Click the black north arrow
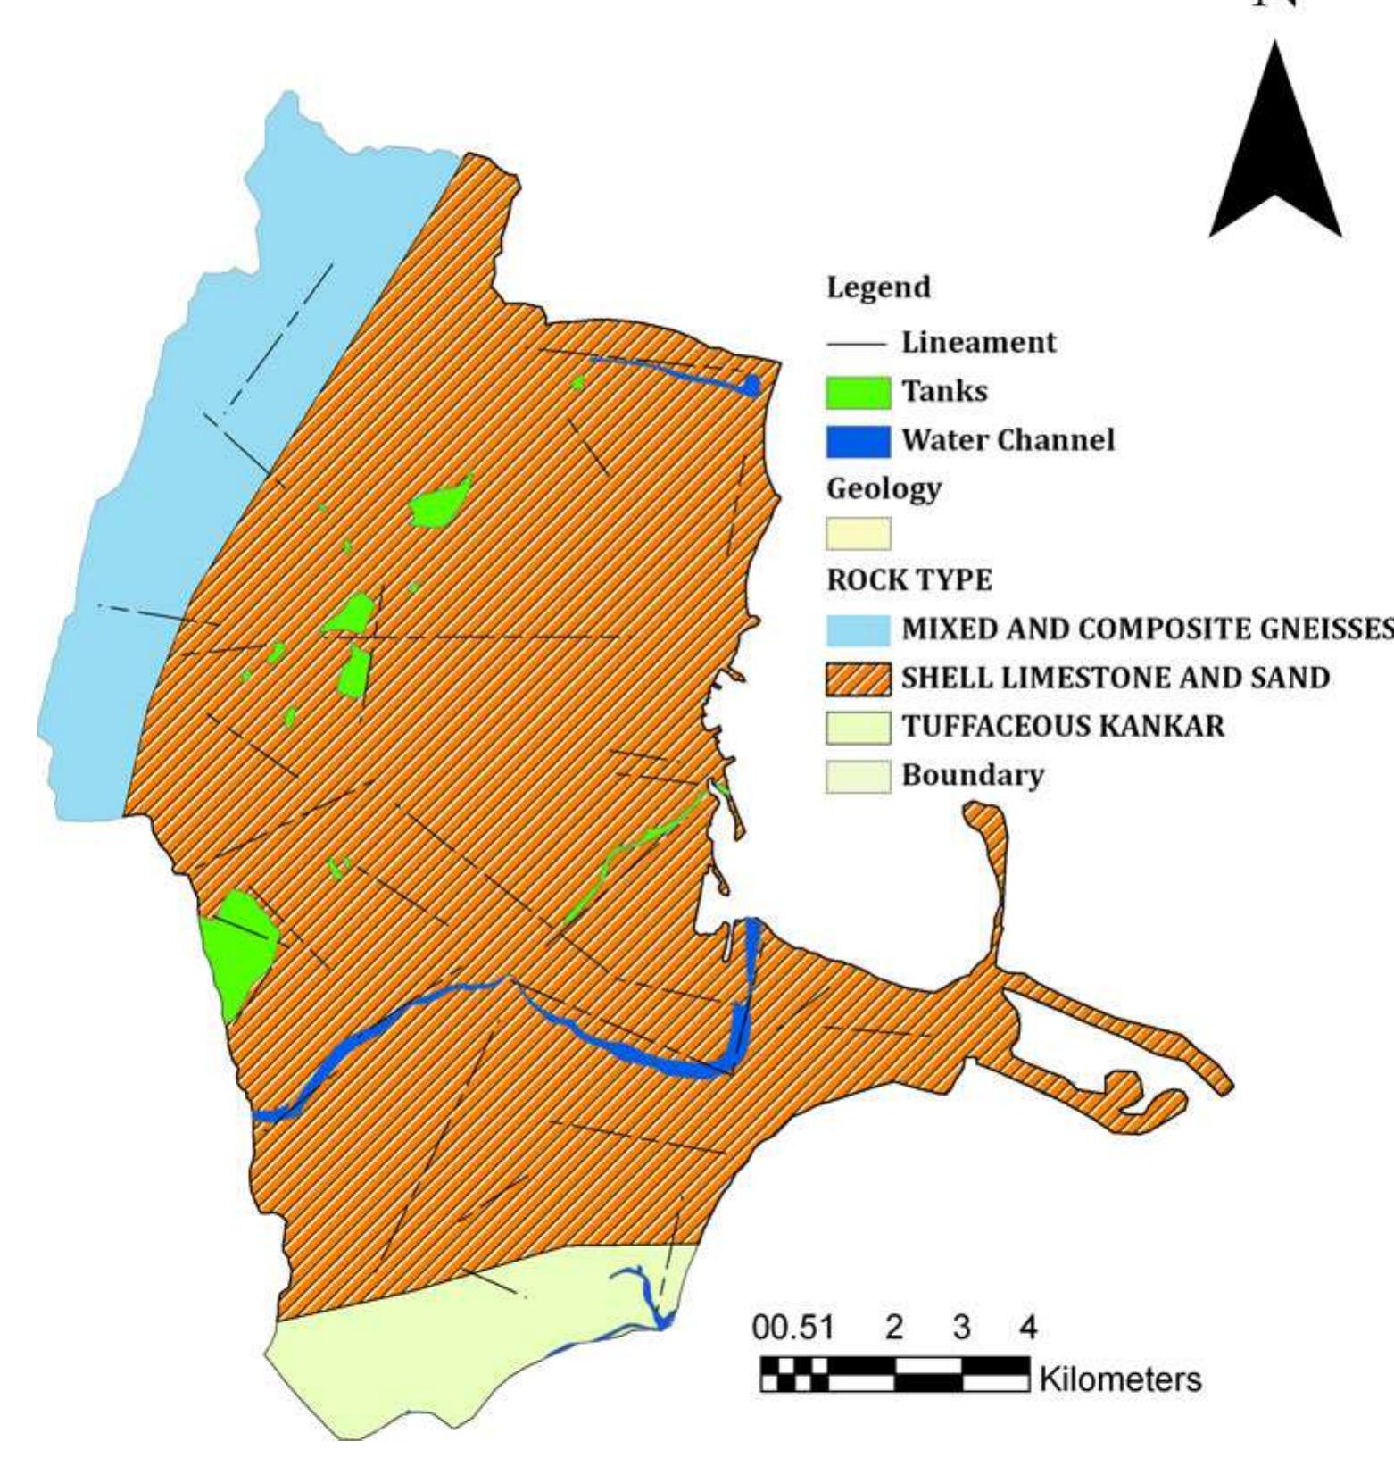pos(1275,161)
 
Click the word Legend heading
pos(878,287)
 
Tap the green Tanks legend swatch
pos(858,392)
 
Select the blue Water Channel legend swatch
pos(858,441)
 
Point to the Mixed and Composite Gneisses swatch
pos(858,629)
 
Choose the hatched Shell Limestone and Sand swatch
pos(858,679)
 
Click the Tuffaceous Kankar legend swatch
pos(858,727)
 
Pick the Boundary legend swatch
pos(858,776)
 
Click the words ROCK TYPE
pos(909,580)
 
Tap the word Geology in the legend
pos(884,488)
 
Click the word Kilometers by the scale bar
pos(1120,1379)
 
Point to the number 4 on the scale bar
pos(1028,1328)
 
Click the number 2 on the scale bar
pos(894,1328)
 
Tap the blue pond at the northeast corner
pos(752,385)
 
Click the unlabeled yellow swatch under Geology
pos(858,534)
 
